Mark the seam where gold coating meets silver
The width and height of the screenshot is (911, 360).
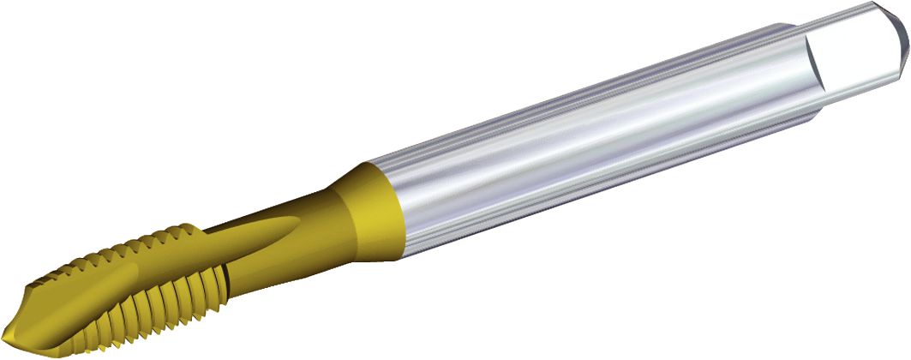click(x=396, y=206)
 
